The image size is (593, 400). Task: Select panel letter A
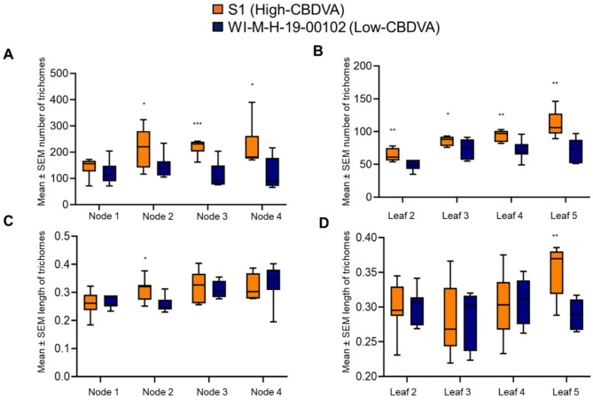tap(8, 55)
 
